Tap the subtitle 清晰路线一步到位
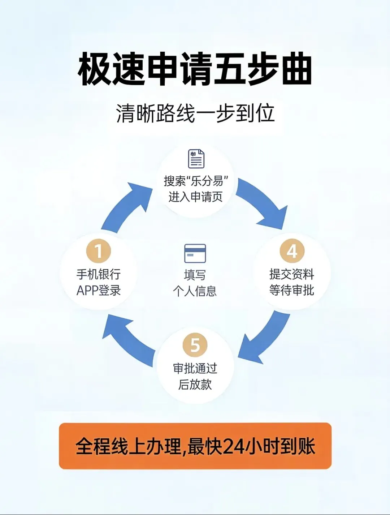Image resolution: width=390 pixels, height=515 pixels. coord(195,113)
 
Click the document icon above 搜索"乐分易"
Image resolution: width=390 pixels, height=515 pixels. coord(196,159)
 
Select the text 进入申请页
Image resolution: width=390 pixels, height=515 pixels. coord(195,197)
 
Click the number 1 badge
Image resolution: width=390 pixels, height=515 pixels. coord(98,251)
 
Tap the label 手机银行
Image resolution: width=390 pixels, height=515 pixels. coord(98,274)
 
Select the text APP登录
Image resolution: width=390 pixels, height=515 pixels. coord(98,291)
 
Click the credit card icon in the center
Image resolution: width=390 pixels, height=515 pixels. coord(195,253)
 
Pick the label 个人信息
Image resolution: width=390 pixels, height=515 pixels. coord(195,291)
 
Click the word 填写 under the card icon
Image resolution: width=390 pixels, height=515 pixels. coord(195,275)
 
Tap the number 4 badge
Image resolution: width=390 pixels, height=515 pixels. coord(292,251)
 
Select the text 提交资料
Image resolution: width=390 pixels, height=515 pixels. coord(292,274)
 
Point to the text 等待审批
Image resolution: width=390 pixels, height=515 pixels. coord(292,290)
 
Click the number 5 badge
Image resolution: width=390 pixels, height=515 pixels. coord(195,345)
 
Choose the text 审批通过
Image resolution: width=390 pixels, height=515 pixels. coord(195,368)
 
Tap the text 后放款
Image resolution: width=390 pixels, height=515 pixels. coord(195,385)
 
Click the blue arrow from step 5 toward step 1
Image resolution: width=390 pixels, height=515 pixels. coord(128,338)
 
